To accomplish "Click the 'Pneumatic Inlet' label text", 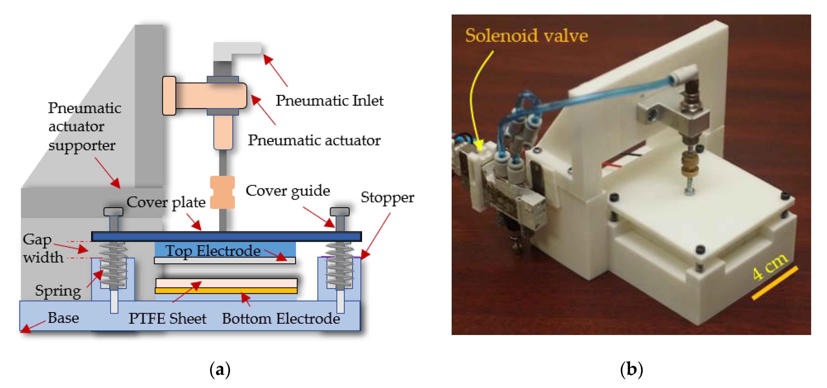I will point(329,101).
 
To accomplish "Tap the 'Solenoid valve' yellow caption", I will point(527,35).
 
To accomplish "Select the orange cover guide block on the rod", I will point(222,192).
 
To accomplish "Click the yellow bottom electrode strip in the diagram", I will point(226,291).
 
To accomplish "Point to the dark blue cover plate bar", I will point(226,237).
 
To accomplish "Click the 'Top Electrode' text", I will point(213,251).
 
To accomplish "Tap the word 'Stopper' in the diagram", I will point(387,198).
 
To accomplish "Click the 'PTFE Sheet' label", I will point(167,319).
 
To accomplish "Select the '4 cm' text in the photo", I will point(769,266).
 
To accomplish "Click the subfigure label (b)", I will point(631,369).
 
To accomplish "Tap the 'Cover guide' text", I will point(288,191).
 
